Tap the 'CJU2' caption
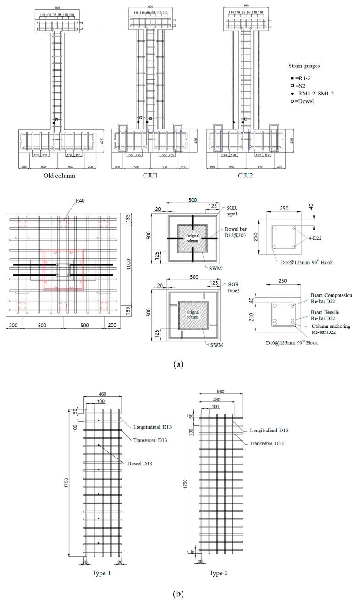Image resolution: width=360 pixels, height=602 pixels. (245, 176)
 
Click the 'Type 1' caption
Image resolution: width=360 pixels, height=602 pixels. (102, 574)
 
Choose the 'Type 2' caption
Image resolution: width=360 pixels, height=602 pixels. (218, 574)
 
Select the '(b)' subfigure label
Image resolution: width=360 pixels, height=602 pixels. (178, 594)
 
